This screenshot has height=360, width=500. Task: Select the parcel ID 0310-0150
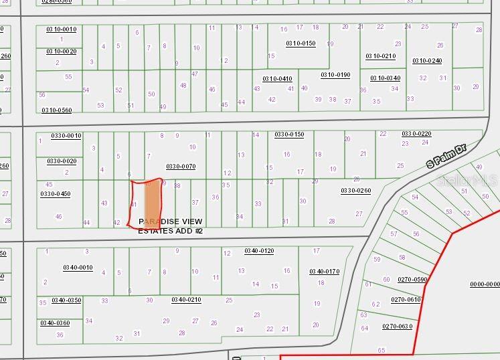pos(301,43)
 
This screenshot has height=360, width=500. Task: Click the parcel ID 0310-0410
pos(277,78)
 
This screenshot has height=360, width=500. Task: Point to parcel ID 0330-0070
pos(181,166)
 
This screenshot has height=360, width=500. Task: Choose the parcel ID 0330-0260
pos(355,191)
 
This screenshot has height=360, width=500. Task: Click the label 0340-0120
pos(259,251)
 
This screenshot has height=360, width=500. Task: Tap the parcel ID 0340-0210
pos(186,300)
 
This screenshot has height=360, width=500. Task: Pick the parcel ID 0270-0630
pos(397,326)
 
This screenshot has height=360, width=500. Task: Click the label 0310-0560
pos(57,110)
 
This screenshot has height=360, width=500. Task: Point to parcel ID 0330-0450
pos(55,194)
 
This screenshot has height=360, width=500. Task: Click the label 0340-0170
pos(324,271)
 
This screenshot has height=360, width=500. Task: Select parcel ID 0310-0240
pos(427,61)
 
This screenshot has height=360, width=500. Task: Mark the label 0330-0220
pos(416,134)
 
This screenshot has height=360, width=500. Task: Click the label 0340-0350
pos(66,300)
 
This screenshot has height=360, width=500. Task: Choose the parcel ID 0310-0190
pos(335,75)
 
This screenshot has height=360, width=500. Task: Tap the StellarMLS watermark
pos(467,180)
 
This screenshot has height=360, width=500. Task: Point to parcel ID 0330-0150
pos(289,134)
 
